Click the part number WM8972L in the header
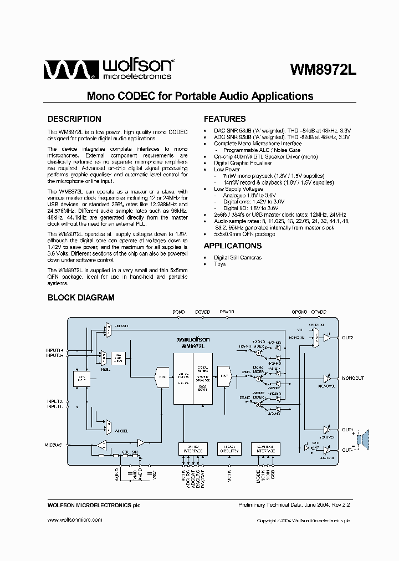[324, 70]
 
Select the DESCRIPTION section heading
[74, 119]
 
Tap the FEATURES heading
[224, 119]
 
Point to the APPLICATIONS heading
[233, 246]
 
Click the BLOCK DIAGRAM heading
[81, 298]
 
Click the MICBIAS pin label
[54, 445]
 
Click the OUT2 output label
[348, 337]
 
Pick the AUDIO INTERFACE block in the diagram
[192, 449]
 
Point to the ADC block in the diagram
[162, 377]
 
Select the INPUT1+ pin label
[55, 351]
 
